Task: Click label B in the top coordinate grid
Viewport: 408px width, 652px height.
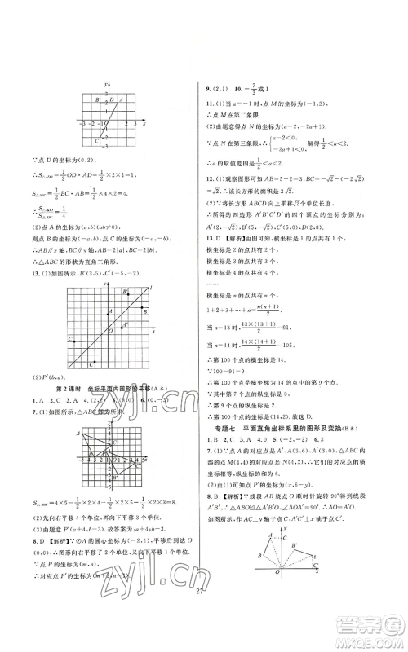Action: tap(96, 100)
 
